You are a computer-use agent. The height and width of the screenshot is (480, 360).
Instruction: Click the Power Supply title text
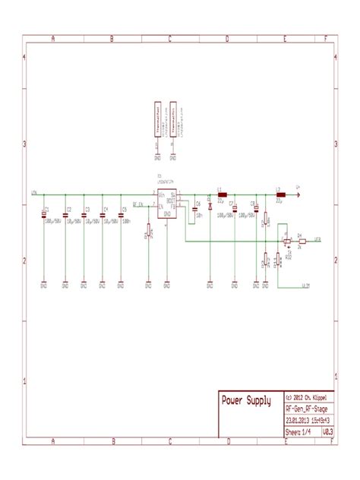pyautogui.click(x=245, y=400)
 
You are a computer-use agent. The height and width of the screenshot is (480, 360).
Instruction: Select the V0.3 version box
pyautogui.click(x=328, y=431)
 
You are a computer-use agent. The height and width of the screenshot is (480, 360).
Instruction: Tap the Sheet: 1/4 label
pyautogui.click(x=298, y=431)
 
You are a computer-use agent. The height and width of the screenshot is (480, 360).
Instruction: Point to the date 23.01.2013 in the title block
pyautogui.click(x=302, y=420)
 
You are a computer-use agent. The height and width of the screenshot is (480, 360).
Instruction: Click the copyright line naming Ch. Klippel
pyautogui.click(x=309, y=397)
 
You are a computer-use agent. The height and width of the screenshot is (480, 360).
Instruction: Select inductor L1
pyautogui.click(x=222, y=194)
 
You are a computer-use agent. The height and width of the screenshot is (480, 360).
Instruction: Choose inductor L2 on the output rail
pyautogui.click(x=279, y=194)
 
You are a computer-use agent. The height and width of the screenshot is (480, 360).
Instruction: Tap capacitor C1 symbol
pyautogui.click(x=45, y=216)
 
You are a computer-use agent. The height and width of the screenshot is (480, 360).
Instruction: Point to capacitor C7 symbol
pyautogui.click(x=235, y=208)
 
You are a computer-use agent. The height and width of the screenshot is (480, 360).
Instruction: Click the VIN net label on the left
pyautogui.click(x=34, y=193)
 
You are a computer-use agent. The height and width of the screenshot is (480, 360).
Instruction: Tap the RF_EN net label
pyautogui.click(x=137, y=204)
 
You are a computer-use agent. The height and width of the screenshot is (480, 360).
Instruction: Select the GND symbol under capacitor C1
pyautogui.click(x=45, y=286)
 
